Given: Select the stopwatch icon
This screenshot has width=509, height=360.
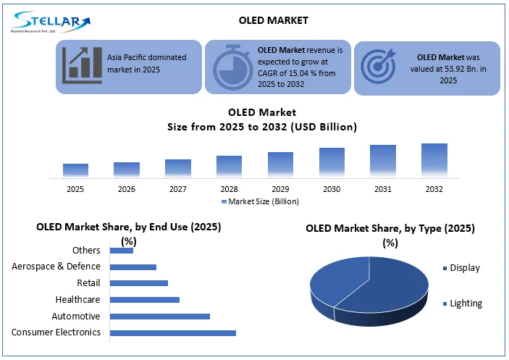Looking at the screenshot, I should (x=230, y=67).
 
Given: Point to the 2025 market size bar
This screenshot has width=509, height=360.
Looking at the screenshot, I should (x=75, y=170).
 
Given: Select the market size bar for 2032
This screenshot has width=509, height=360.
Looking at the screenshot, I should (x=434, y=160).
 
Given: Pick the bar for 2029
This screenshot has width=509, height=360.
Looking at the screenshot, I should (x=280, y=164).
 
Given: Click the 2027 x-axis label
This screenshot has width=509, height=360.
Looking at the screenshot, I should (x=177, y=188).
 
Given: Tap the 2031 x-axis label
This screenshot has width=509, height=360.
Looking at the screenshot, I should (x=383, y=188).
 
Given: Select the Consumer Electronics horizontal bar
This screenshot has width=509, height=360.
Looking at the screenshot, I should (x=172, y=332).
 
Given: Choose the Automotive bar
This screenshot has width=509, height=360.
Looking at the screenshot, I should (x=159, y=316).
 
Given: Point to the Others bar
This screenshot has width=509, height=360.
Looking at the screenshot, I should (x=121, y=251).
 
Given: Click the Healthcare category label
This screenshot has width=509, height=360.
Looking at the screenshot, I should (x=77, y=299).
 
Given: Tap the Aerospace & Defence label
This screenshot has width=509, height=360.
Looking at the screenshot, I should (x=56, y=267).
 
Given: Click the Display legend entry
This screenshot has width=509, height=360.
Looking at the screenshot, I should (x=464, y=268).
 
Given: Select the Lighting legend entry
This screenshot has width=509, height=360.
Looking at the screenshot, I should (x=466, y=304).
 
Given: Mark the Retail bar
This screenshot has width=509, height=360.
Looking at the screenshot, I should (x=138, y=283).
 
